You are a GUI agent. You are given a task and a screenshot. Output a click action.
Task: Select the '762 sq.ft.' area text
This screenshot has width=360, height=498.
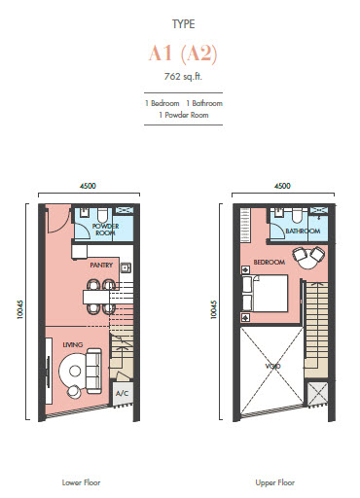coord(179,76)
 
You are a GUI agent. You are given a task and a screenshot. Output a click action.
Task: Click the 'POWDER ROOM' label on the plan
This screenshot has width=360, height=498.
coord(104,231)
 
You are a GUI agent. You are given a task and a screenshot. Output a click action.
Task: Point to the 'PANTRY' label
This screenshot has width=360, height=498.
coord(102,265)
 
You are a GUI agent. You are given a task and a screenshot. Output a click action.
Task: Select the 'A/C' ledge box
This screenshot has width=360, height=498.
coord(122,393)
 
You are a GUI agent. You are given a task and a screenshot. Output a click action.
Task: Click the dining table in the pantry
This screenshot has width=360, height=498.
coord(96,292)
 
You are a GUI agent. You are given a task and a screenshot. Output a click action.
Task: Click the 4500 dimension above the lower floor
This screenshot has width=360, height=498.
coord(88,185)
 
